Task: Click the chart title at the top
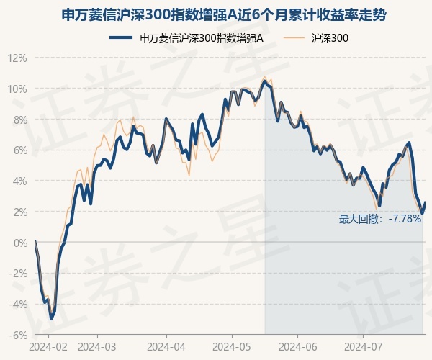[x=223, y=15]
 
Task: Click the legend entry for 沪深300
[x=316, y=38]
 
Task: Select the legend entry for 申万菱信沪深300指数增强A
[x=186, y=38]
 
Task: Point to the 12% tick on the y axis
[x=18, y=58]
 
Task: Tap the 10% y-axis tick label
[x=18, y=89]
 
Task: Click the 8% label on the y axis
[x=20, y=120]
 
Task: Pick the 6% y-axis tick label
[x=20, y=150]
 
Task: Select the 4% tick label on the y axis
[x=20, y=181]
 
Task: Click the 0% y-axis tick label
[x=20, y=243]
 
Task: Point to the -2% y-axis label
[x=18, y=274]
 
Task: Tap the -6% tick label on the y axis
[x=18, y=336]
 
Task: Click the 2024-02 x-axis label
[x=48, y=347]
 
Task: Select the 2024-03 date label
[x=97, y=347]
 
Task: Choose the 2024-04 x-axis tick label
[x=166, y=347]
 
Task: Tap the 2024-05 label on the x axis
[x=232, y=347]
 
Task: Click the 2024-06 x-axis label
[x=298, y=347]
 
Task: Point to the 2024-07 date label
[x=364, y=347]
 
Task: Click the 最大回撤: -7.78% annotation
[x=380, y=220]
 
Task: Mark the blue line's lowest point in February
[x=51, y=319]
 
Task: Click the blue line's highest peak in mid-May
[x=265, y=81]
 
